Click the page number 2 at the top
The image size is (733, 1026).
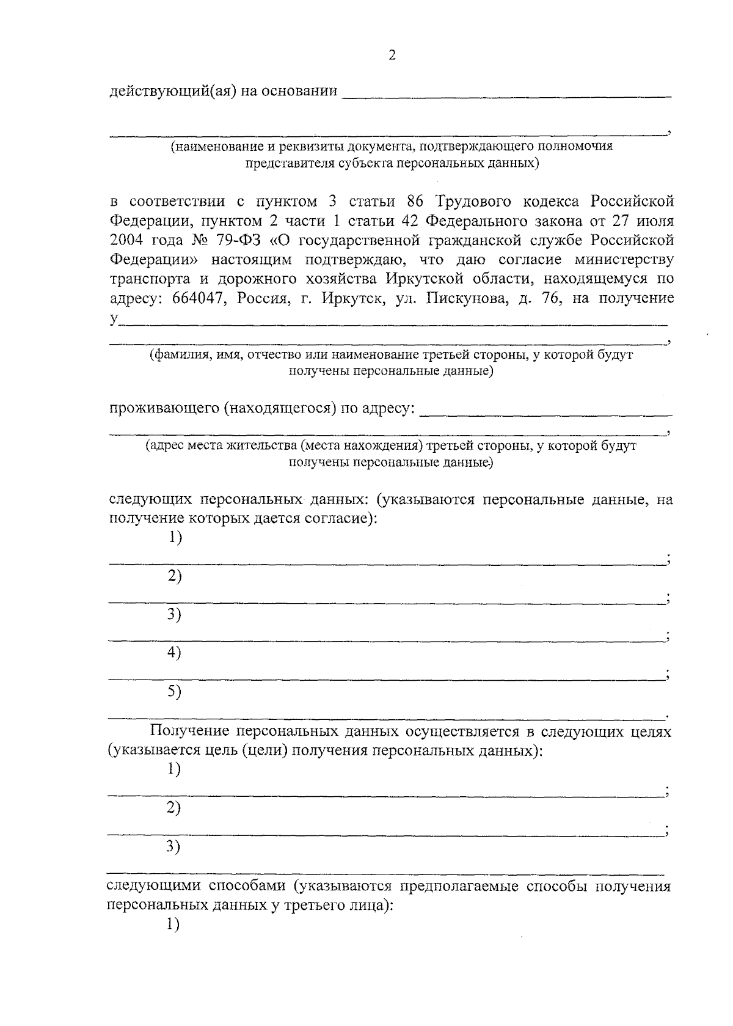click(x=392, y=56)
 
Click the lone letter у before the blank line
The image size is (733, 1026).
click(x=113, y=319)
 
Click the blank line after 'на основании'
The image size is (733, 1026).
click(x=506, y=95)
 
